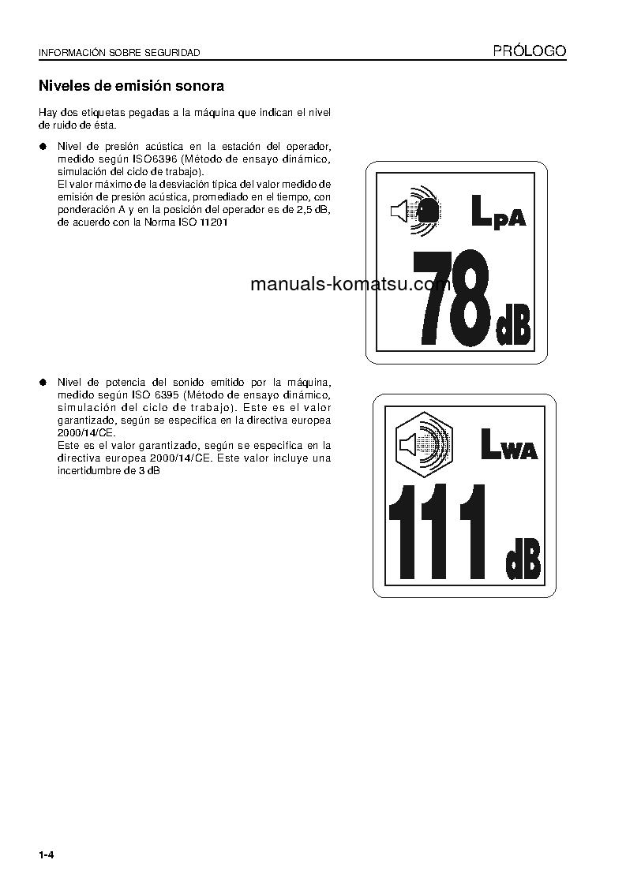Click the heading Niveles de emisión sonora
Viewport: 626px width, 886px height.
pos(131,85)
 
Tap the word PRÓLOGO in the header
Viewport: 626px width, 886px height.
pos(530,51)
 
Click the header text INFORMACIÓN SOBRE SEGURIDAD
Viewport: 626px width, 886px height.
pos(119,53)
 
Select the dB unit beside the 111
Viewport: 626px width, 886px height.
pos(523,558)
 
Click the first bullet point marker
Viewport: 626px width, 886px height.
pos(44,147)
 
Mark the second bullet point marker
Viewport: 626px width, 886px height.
pos(44,383)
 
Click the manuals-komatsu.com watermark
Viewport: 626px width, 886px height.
pos(350,285)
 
